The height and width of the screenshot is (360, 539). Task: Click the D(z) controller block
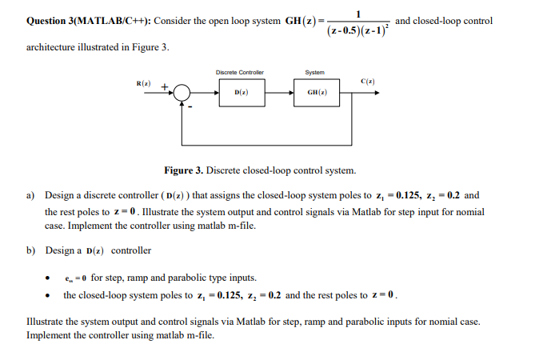(x=240, y=93)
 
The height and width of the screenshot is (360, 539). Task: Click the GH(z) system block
(x=317, y=93)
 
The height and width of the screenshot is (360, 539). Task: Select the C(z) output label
(x=369, y=82)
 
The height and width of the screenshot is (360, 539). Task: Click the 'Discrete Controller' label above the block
(x=240, y=73)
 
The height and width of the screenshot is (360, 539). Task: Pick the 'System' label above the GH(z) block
(x=315, y=73)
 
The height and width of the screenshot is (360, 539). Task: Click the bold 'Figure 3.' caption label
(x=184, y=170)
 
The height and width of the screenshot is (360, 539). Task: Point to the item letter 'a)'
(x=31, y=195)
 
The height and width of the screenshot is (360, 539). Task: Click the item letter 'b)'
(x=31, y=250)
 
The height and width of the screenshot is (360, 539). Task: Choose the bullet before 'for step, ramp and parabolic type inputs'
(x=50, y=279)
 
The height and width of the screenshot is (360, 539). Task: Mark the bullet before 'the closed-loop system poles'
(x=50, y=295)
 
